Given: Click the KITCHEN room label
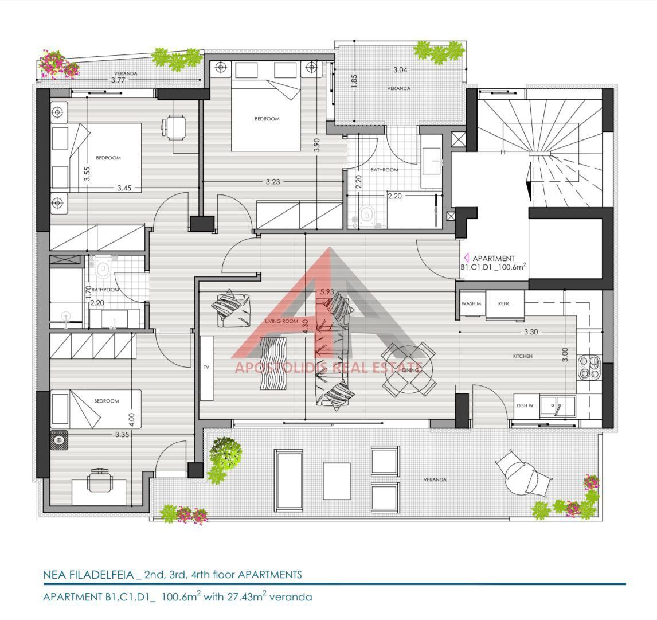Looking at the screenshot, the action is [x=522, y=356].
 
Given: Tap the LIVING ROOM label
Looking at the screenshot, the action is [x=281, y=321].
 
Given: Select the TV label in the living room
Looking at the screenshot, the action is [x=206, y=367].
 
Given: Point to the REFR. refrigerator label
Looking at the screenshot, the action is [x=504, y=303].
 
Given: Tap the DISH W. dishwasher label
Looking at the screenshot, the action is [x=525, y=405].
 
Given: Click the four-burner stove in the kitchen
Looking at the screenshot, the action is [x=589, y=368].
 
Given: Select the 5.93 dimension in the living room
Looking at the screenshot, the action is [x=327, y=291].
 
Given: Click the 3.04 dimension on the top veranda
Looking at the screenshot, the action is [x=400, y=69].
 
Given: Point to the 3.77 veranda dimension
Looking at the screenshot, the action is [x=118, y=80].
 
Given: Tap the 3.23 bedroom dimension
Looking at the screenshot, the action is [x=273, y=181].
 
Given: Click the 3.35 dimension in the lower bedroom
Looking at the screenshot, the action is [x=122, y=435].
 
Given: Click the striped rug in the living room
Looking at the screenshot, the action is [x=273, y=364].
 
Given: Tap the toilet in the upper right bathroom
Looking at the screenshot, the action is [x=367, y=214].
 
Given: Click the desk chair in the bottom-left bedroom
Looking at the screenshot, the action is [x=100, y=480].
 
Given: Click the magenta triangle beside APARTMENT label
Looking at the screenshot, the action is [x=466, y=258].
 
